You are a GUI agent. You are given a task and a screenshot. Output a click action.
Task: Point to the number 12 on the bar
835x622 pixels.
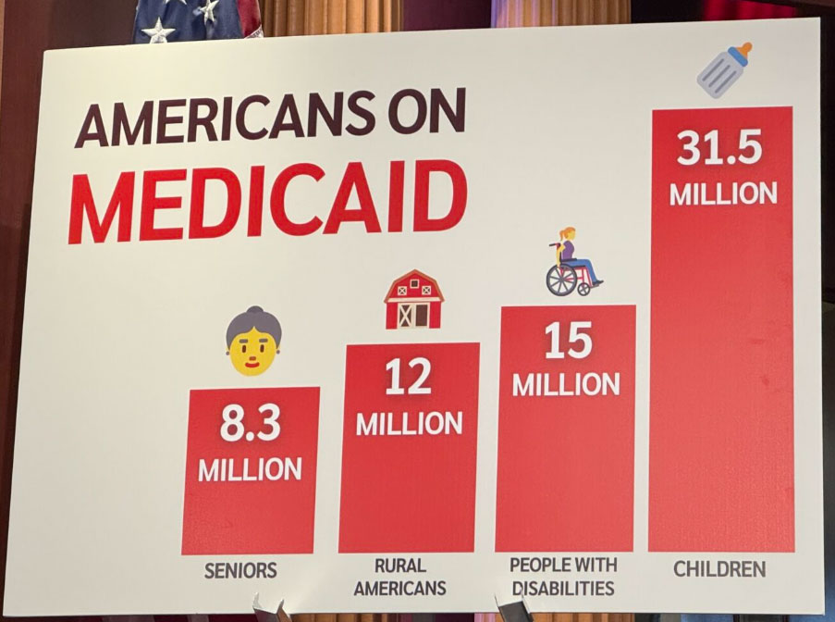408,377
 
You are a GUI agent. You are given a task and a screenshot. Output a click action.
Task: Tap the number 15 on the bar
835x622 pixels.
567,341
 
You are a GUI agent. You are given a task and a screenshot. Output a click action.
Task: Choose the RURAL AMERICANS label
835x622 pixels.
399,576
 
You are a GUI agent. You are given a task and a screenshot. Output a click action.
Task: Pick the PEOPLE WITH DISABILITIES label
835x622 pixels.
562,575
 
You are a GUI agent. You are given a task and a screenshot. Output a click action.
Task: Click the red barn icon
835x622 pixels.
413,299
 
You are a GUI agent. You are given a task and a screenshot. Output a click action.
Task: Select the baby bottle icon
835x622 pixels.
723,69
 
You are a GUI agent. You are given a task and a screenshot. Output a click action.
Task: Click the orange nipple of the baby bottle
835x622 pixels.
744,49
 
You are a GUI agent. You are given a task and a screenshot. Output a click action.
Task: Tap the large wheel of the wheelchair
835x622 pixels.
561,280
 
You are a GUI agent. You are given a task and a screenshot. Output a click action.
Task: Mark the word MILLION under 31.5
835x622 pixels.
723,194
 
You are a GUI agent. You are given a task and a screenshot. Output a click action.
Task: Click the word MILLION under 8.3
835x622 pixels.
250,468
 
